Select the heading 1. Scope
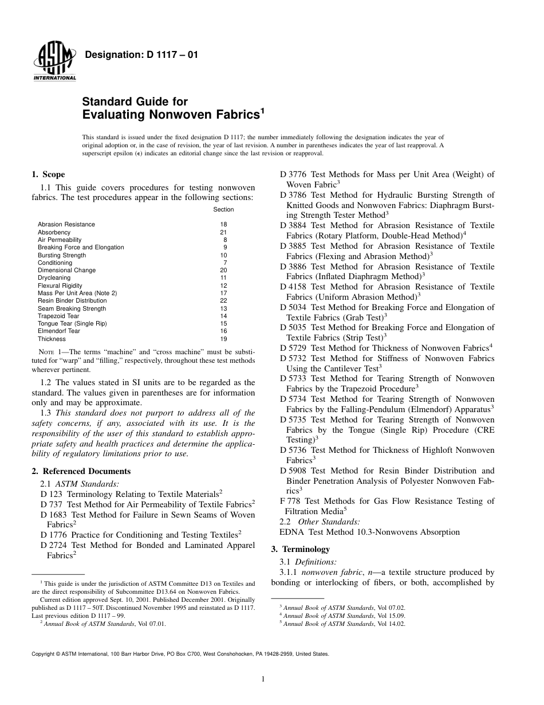tap(48, 175)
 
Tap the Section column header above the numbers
tap(223, 209)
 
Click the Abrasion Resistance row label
tap(66, 224)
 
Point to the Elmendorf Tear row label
tap(59, 331)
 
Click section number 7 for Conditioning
tap(225, 263)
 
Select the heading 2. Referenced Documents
tap(81, 471)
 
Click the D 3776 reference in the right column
tap(293, 174)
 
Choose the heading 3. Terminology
tap(300, 549)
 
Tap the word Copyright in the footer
tap(44, 653)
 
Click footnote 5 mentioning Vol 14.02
tap(344, 624)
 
